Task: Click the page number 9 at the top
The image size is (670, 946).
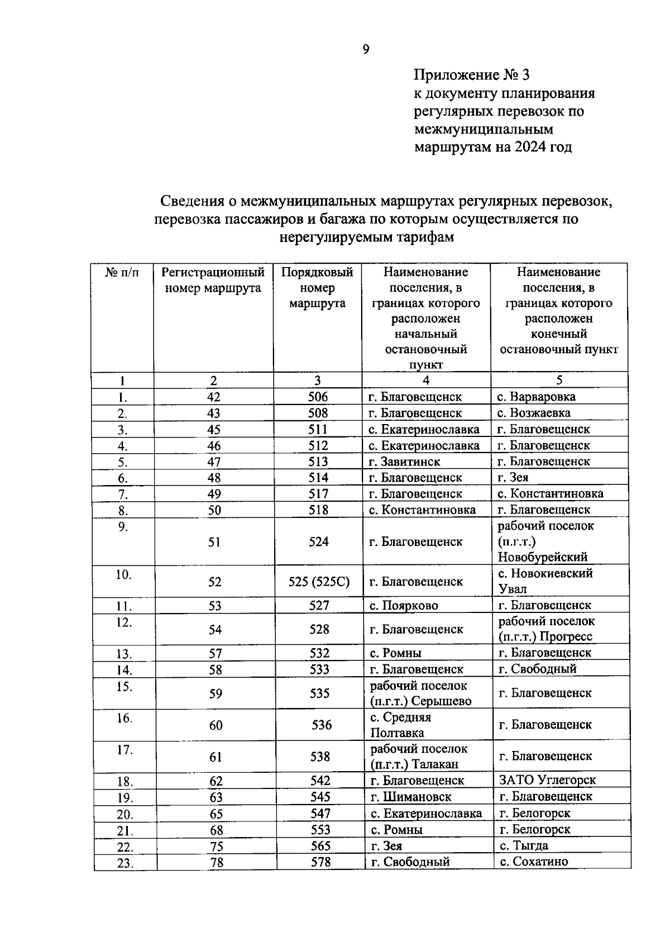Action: tap(366, 50)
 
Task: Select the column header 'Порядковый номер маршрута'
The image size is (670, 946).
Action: tap(317, 288)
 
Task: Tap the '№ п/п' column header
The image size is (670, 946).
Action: tap(122, 273)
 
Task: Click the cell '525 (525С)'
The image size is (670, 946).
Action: tap(319, 582)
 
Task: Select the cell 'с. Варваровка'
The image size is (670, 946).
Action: tap(536, 397)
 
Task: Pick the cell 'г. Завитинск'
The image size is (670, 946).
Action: tap(404, 462)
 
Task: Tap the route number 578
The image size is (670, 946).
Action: tap(320, 862)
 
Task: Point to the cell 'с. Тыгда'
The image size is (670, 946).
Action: tap(523, 845)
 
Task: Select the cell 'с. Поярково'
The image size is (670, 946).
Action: tap(403, 606)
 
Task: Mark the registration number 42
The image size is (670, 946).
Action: tap(213, 397)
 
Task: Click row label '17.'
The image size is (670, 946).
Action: tap(125, 750)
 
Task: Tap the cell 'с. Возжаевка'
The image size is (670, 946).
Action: tap(534, 413)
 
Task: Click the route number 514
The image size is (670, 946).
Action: tap(318, 478)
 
